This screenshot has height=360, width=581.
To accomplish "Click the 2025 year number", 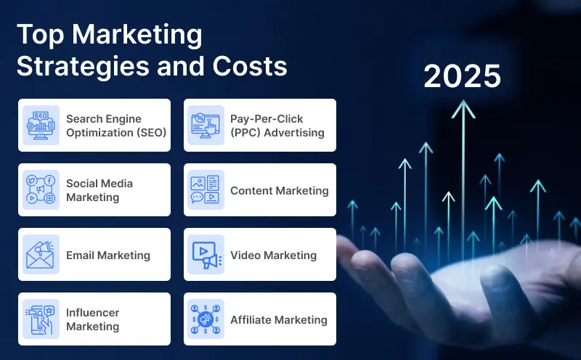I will click(463, 76).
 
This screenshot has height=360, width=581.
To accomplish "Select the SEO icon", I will click(41, 125).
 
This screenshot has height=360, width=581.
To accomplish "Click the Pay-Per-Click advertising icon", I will click(206, 125).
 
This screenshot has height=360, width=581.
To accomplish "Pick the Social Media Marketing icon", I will click(41, 189).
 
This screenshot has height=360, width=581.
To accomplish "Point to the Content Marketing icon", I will click(206, 189).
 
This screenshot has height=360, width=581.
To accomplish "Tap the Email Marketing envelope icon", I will click(41, 255).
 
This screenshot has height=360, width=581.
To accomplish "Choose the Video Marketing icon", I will click(206, 255).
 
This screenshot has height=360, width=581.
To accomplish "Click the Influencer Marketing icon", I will click(41, 319).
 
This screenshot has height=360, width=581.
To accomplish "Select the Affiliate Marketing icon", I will click(206, 319).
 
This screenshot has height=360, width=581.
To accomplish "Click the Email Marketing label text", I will click(108, 255).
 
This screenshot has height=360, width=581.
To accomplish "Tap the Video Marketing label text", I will click(273, 255).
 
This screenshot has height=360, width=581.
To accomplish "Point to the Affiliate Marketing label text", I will click(279, 319).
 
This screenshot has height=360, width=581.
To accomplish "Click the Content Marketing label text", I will click(280, 190).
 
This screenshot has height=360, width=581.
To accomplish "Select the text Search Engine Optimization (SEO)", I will click(116, 125).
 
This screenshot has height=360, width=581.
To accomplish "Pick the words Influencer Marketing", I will click(93, 319).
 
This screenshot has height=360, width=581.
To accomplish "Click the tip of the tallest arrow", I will click(463, 103).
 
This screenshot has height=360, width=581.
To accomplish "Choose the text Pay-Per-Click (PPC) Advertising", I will click(277, 125).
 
